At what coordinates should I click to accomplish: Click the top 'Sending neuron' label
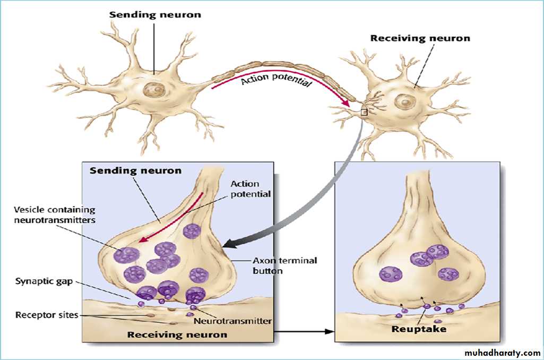coord(155,14)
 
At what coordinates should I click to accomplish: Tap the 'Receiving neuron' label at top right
coord(420,38)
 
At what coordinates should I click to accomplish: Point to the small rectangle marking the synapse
coord(364,112)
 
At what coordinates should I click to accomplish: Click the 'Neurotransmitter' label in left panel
coord(232,321)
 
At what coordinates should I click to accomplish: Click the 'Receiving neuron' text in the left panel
coord(177,335)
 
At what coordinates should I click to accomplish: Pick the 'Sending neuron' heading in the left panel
coord(135,171)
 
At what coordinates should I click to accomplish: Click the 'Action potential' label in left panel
coord(251,189)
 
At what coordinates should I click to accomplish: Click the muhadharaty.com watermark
coord(502,353)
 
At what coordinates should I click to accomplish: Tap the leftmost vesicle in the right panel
coord(391,274)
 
